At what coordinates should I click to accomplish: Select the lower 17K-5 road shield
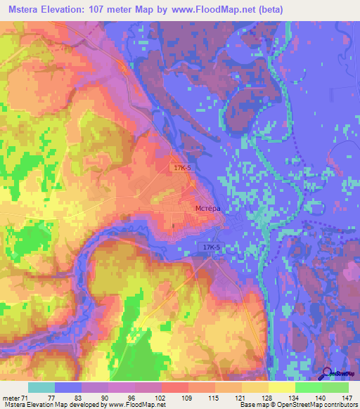(x=210, y=248)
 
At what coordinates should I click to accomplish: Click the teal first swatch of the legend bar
(x=41, y=387)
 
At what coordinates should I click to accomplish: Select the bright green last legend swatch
(x=335, y=387)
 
